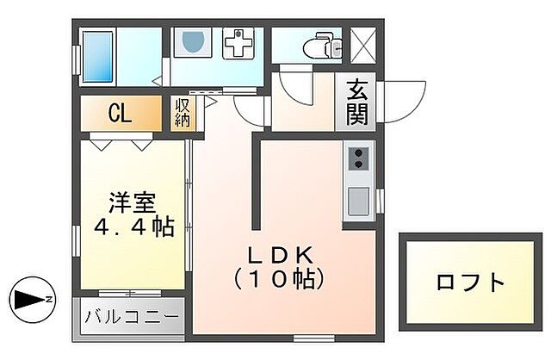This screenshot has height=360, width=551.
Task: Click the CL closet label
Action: click(x=120, y=114)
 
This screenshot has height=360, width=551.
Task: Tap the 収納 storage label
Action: click(x=183, y=114)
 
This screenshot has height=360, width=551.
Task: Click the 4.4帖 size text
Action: click(x=134, y=227)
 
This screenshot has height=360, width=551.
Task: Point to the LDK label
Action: click(x=277, y=255)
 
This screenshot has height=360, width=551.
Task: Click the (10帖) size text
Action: click(x=277, y=279)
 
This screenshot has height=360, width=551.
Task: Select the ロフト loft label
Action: click(x=469, y=282)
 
